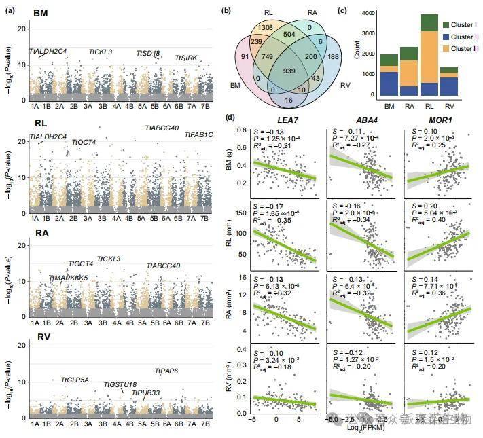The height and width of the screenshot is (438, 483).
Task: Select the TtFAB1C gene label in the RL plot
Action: click(x=199, y=134)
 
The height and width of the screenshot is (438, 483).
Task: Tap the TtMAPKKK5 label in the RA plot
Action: click(x=68, y=278)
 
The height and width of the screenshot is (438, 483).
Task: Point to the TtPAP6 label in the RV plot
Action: click(x=166, y=371)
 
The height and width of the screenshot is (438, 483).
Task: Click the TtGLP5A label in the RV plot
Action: click(x=75, y=380)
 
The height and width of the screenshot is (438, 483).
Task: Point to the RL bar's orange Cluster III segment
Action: click(x=410, y=57)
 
